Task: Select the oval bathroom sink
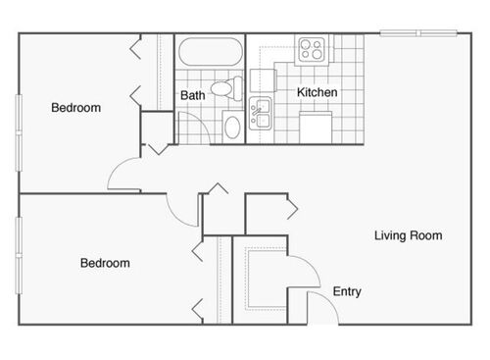(233, 126)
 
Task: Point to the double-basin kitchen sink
(261, 115)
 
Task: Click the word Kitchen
(318, 92)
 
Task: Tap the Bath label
(192, 96)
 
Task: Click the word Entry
(347, 292)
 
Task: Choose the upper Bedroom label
(75, 108)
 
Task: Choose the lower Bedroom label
(105, 263)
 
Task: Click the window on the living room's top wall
(418, 34)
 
